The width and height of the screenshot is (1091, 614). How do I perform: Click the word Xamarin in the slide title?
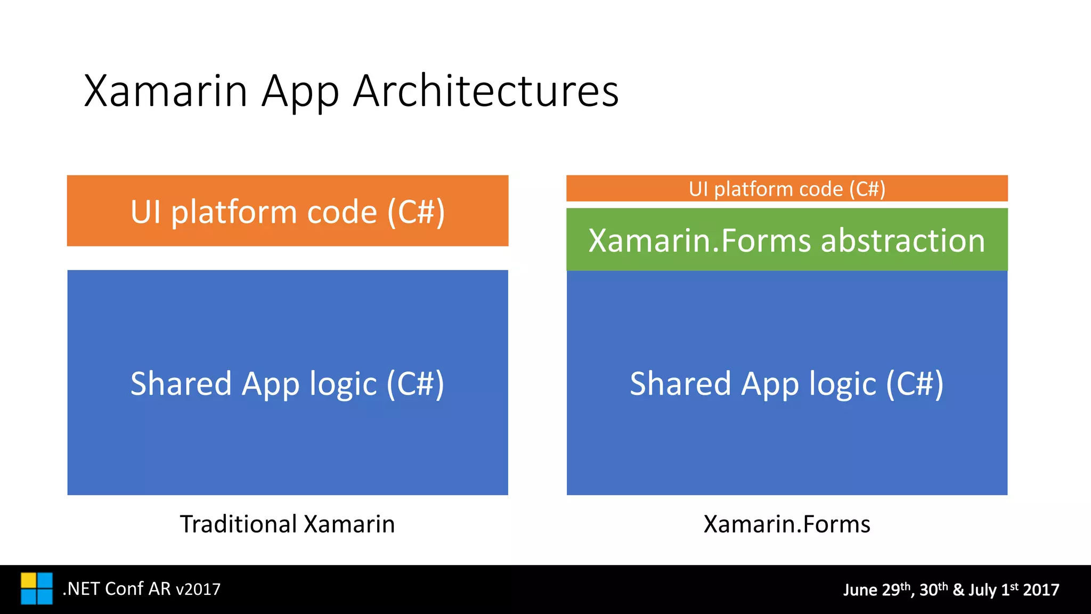166,91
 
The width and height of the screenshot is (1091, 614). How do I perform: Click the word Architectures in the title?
485,91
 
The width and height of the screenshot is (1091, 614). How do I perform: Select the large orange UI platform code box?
288,211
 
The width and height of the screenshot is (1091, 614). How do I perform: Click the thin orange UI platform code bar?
787,189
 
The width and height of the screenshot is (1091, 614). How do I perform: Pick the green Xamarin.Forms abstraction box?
787,240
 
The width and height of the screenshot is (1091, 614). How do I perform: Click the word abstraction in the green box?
903,240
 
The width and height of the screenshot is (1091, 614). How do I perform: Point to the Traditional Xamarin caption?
288,524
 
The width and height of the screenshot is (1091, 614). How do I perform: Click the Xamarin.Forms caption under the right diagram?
787,524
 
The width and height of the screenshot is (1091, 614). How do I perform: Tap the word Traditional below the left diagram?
238,524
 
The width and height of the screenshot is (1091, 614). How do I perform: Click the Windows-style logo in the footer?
37,588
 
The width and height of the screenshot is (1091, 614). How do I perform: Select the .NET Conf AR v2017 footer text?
142,589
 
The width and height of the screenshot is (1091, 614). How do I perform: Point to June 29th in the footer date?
876,589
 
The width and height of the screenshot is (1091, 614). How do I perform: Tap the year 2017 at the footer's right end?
1041,589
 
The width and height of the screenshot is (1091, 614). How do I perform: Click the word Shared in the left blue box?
181,384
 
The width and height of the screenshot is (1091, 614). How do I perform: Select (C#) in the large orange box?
416,212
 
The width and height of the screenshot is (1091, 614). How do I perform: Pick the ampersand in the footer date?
958,590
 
